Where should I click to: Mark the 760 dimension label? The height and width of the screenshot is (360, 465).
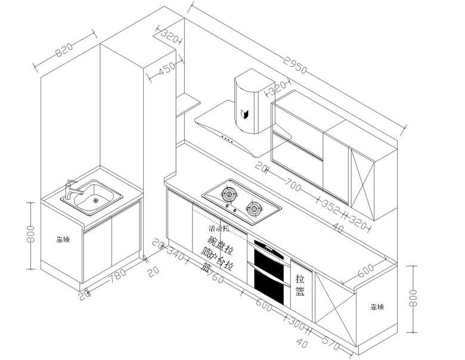pyautogui.click(x=213, y=277)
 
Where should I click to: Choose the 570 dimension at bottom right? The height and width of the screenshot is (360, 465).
pyautogui.click(x=332, y=343)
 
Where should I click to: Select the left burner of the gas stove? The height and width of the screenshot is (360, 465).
pyautogui.click(x=228, y=193)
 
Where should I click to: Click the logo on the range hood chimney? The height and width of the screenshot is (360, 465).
pyautogui.click(x=244, y=113)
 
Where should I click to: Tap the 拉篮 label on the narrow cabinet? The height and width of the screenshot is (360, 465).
pyautogui.click(x=300, y=285)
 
